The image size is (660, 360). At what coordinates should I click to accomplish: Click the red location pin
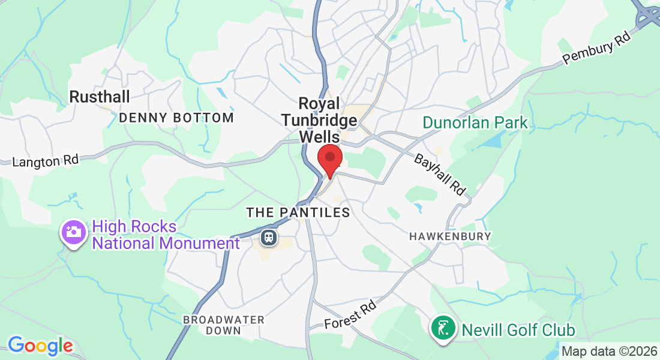click(329, 158)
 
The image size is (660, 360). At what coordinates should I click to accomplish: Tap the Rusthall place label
click(100, 96)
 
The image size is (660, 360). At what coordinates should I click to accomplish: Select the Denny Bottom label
click(176, 118)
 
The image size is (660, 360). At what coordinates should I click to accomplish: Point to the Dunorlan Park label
click(475, 123)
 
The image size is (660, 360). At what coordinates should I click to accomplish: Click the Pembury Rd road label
click(598, 50)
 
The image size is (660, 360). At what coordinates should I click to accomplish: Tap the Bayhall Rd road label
click(440, 175)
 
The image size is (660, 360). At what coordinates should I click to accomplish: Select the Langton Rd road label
click(46, 161)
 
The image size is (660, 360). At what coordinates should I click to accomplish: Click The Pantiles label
click(298, 212)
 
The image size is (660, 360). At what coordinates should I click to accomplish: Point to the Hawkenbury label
click(450, 236)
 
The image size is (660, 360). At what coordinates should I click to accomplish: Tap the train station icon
click(268, 238)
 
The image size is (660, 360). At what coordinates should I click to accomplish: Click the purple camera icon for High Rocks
click(74, 232)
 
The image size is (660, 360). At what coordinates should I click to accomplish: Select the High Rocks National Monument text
click(165, 235)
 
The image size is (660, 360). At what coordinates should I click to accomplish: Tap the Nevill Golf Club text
click(518, 329)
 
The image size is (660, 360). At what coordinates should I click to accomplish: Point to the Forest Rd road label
click(350, 316)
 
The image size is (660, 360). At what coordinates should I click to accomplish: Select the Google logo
click(40, 346)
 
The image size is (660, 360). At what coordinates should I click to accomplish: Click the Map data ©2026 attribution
click(609, 351)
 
